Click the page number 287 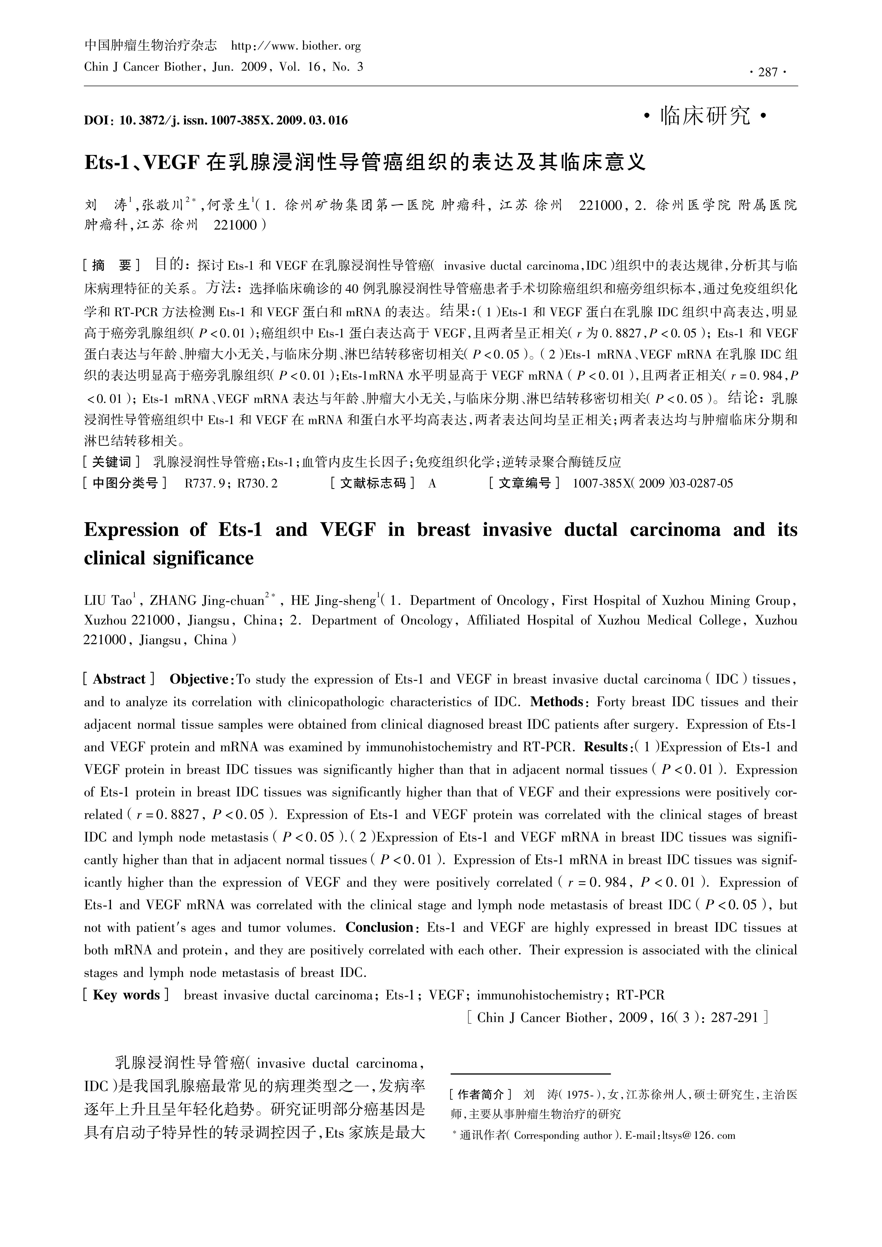click(768, 72)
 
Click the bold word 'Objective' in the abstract click(199, 679)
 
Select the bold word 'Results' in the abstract click(605, 747)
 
